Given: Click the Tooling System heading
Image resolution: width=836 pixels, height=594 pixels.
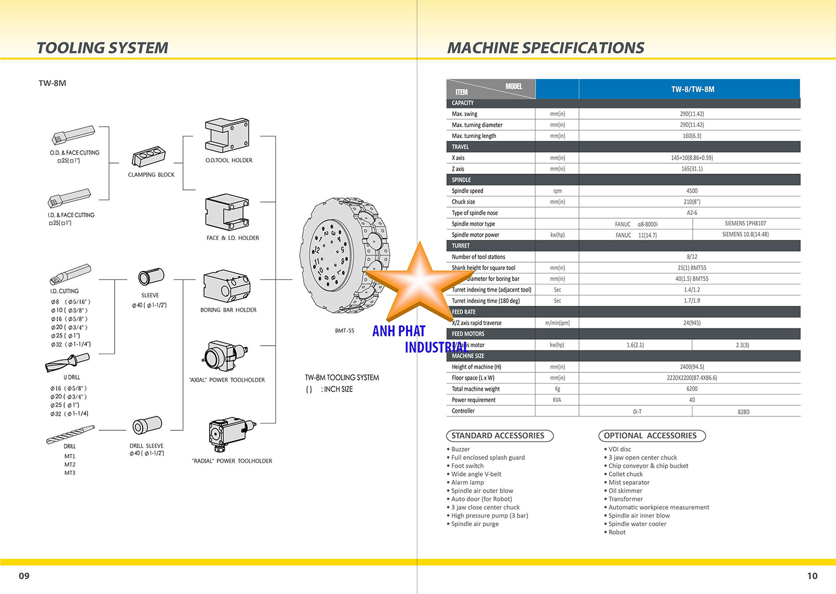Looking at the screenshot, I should click(x=102, y=48).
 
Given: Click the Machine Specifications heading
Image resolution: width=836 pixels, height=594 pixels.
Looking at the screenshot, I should click(x=546, y=48).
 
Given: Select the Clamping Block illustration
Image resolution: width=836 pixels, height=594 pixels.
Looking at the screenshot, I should click(x=148, y=157).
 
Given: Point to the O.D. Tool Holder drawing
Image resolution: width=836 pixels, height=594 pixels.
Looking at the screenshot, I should click(x=226, y=135).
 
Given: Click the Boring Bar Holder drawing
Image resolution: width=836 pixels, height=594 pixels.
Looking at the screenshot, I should click(x=226, y=286).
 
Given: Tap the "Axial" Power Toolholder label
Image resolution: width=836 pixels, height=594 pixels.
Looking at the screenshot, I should click(x=227, y=380).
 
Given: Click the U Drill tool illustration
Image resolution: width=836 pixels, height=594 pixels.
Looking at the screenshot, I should click(x=67, y=363).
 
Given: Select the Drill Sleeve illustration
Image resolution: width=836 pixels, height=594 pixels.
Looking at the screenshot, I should click(x=147, y=426).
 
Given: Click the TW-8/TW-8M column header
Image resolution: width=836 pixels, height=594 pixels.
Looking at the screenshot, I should click(x=692, y=89).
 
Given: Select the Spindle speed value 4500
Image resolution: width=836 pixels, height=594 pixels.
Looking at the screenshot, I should click(x=692, y=191).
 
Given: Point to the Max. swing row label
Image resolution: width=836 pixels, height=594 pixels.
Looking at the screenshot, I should click(x=464, y=114).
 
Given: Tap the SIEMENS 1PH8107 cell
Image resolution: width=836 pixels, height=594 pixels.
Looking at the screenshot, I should click(x=745, y=224).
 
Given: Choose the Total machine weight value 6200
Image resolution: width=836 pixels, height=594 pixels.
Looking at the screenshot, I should click(x=692, y=389).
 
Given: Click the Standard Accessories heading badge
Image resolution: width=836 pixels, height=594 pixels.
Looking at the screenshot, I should click(x=498, y=436).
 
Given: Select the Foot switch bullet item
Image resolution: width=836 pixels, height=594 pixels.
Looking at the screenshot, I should click(x=467, y=466).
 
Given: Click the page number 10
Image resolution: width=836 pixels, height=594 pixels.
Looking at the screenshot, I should click(x=812, y=576).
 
